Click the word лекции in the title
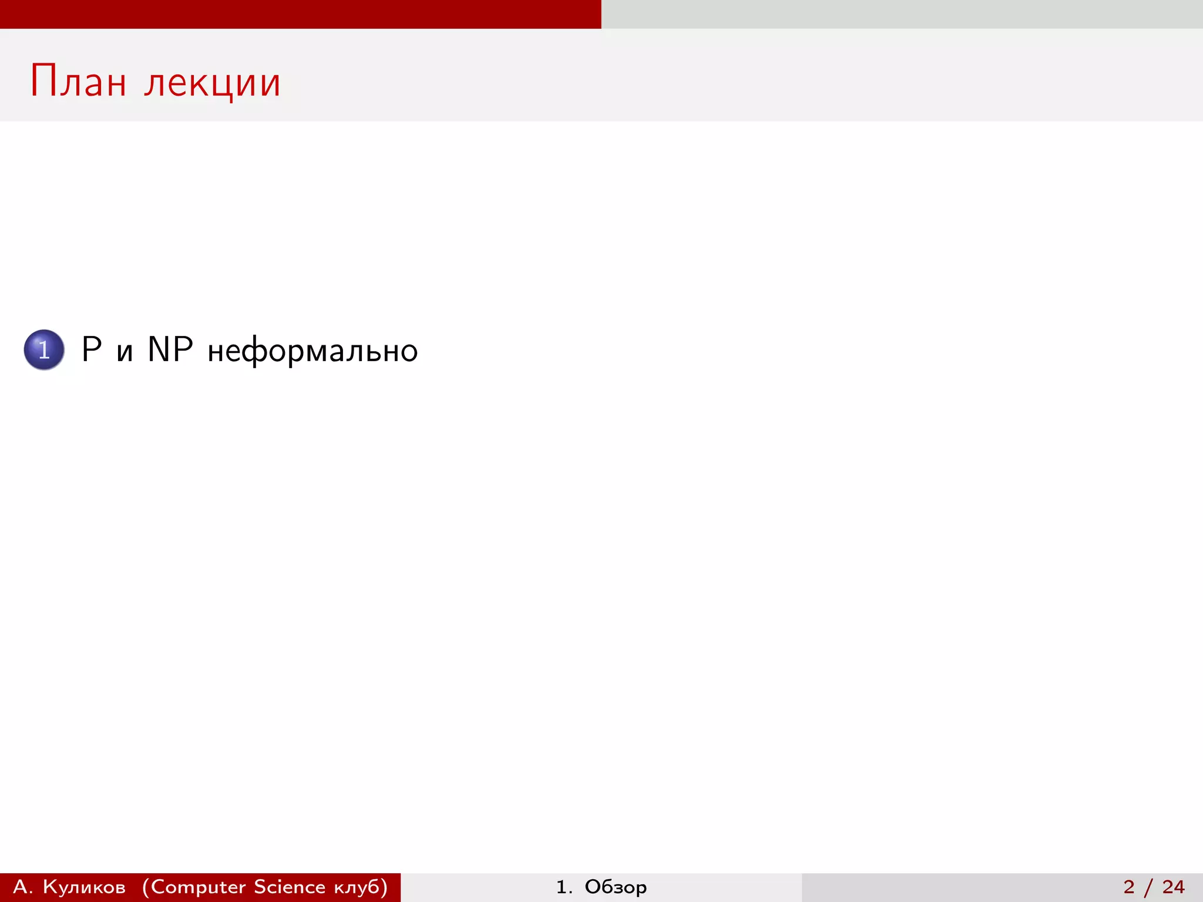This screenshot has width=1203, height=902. tap(213, 82)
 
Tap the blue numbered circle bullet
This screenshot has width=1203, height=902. tap(44, 350)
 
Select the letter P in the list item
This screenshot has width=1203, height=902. tap(92, 349)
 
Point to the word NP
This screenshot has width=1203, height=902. tap(170, 349)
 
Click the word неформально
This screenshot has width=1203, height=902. tap(312, 351)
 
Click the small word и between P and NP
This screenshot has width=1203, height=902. tap(125, 352)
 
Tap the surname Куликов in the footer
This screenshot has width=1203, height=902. tap(84, 887)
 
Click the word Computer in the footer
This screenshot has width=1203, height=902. tap(198, 887)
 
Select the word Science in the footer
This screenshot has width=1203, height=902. tap(290, 887)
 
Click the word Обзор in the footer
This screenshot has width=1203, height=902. tap(616, 887)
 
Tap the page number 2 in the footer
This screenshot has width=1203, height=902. tap(1128, 887)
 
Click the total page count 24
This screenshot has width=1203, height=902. tap(1173, 887)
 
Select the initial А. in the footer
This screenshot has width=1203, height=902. tap(22, 887)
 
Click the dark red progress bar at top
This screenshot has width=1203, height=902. tap(300, 14)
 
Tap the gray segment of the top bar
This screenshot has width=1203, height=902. tap(902, 14)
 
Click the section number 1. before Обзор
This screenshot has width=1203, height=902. tap(564, 887)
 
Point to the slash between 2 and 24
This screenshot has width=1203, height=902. tap(1148, 887)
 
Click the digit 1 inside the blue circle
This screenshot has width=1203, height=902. tap(44, 350)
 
